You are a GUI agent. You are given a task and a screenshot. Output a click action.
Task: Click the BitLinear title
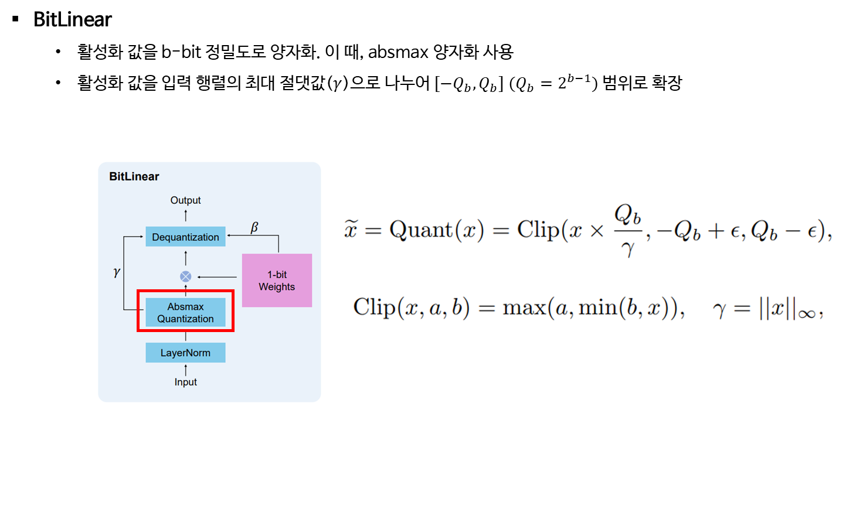tap(134, 176)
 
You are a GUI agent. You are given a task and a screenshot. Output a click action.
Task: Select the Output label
tap(185, 200)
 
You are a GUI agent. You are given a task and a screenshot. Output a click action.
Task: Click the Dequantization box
tap(185, 237)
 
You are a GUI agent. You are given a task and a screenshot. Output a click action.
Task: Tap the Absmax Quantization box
tap(185, 312)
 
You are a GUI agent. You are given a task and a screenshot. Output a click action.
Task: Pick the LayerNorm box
tap(185, 353)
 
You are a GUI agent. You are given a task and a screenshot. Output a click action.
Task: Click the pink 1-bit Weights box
tap(277, 281)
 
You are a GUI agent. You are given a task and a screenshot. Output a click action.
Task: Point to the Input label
tap(185, 382)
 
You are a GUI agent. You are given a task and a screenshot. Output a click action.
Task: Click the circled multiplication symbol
tap(185, 276)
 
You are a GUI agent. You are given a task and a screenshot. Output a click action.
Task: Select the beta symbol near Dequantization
tap(254, 227)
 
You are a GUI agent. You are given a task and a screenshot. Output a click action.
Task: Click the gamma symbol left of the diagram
tap(117, 272)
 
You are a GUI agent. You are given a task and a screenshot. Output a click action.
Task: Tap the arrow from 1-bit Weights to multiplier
tap(217, 276)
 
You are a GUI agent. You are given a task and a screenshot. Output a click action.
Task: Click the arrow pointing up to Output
tap(185, 215)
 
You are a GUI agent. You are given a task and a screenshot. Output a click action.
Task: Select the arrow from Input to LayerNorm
tap(185, 370)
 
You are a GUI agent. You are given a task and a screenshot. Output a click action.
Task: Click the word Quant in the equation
tap(421, 230)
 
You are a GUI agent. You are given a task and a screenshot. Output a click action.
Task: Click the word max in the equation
tap(524, 307)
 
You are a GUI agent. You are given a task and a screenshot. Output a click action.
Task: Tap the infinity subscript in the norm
tap(806, 314)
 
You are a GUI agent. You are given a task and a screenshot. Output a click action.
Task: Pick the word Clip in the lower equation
tap(374, 307)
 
